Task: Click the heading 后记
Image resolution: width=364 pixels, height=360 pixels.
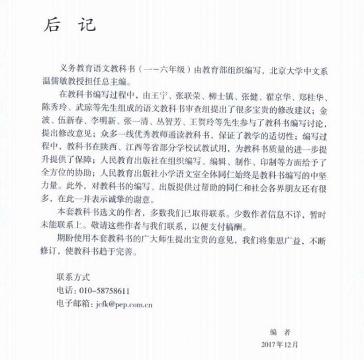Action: pyautogui.click(x=69, y=25)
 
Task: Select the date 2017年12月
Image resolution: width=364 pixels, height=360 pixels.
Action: pyautogui.click(x=281, y=344)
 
